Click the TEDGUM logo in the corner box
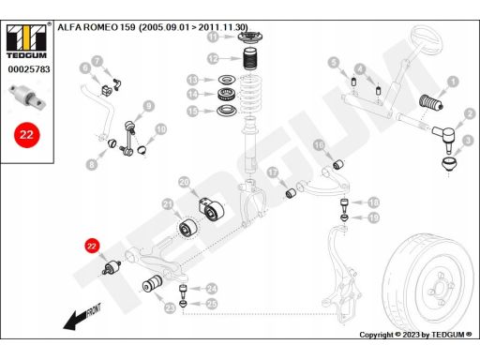[26, 41]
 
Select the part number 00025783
[29, 69]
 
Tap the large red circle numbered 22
[26, 135]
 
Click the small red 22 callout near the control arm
[91, 247]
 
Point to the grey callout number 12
[213, 58]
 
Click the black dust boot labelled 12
[251, 59]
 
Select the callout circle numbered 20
[185, 182]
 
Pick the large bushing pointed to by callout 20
[211, 209]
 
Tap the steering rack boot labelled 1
[430, 102]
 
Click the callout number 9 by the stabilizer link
[149, 106]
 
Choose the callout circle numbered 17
[273, 172]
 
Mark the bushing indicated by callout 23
[153, 283]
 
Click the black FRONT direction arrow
[82, 316]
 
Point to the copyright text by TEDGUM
[415, 335]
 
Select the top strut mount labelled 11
[250, 37]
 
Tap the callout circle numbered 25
[212, 304]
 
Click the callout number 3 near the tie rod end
[468, 141]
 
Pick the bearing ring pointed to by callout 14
[226, 94]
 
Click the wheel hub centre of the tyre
[441, 289]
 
